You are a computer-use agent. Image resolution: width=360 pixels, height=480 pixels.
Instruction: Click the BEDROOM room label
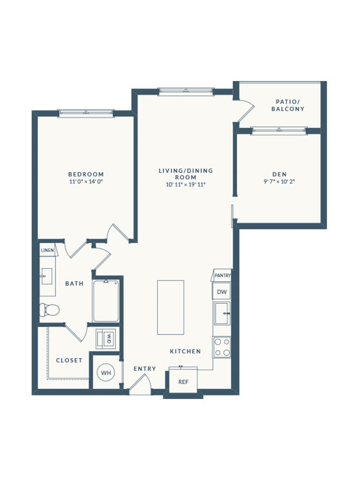coord(86,174)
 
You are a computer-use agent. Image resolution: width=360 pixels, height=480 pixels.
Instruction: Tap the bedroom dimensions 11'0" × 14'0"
coord(86,181)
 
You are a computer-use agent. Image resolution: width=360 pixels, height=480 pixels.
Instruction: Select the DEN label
coord(279,174)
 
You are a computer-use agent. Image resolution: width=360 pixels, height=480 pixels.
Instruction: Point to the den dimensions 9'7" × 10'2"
coord(279,181)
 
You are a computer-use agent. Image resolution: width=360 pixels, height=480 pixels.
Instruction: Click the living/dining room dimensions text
coord(186,185)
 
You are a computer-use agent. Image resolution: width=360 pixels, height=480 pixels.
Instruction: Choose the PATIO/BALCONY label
coord(288,105)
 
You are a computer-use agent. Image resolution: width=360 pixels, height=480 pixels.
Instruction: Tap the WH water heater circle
coord(106,373)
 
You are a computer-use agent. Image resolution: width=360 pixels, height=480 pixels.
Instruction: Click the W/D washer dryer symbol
coord(106,339)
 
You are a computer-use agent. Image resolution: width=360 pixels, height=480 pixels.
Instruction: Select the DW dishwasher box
coord(222,291)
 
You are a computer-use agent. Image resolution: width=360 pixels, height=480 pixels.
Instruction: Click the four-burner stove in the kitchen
coord(222,347)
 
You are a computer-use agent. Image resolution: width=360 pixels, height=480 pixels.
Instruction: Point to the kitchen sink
coord(222,313)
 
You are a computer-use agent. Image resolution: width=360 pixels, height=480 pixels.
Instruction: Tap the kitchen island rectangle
coord(171,307)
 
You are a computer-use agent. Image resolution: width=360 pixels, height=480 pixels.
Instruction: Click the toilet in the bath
coord(49,310)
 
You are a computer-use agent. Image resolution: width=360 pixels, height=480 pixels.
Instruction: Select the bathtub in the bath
coord(106,301)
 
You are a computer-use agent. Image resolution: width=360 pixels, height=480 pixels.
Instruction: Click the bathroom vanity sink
coord(47,276)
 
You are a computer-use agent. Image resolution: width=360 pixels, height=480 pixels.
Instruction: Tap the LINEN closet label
coord(47,251)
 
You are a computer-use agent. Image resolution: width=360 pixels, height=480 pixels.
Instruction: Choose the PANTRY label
coord(222,276)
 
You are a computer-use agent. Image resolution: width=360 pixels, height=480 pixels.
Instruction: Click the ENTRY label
coord(145,369)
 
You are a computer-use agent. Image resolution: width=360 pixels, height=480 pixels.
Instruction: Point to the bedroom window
coord(86,113)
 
